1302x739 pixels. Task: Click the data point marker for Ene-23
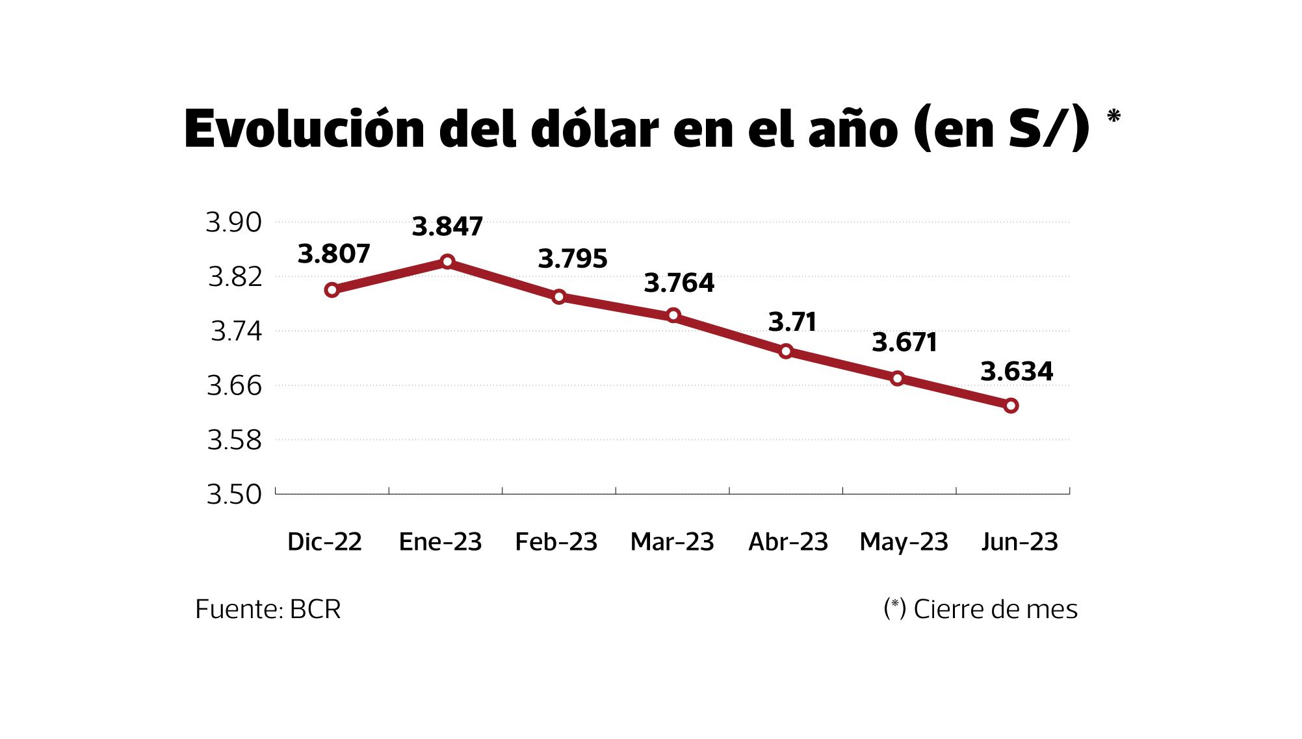[x=447, y=262]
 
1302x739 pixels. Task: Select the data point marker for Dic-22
[x=332, y=290]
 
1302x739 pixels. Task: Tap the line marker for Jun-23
[x=1011, y=406]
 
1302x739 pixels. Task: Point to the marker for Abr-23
[x=786, y=352]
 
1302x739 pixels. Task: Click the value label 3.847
[x=447, y=227]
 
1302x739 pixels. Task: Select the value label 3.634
[x=1017, y=372]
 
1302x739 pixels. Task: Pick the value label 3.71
[x=792, y=322]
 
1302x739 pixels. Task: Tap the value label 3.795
[x=572, y=259]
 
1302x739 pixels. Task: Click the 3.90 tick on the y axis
[x=234, y=222]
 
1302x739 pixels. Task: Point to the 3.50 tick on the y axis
[x=234, y=495]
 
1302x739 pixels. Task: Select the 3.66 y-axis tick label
[x=234, y=386]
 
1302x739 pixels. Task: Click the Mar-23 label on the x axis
[x=672, y=541]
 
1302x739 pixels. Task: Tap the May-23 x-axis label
[x=904, y=541]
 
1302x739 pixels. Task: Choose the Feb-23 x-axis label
[x=556, y=541]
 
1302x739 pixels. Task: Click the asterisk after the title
[x=1113, y=117]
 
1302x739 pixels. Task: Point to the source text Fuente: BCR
[x=268, y=609]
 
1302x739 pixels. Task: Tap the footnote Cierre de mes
[x=995, y=609]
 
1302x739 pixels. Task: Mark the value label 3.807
[x=333, y=253]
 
